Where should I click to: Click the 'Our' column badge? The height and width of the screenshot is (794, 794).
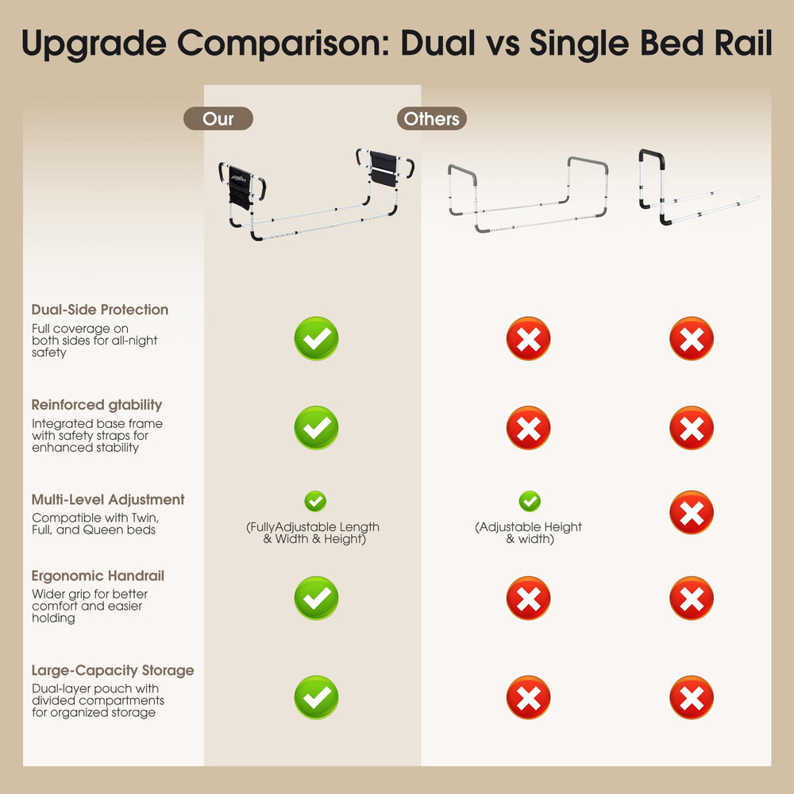pyautogui.click(x=218, y=118)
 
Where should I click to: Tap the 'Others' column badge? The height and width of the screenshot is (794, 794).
pyautogui.click(x=431, y=118)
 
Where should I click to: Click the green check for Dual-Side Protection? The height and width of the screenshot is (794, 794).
pyautogui.click(x=317, y=338)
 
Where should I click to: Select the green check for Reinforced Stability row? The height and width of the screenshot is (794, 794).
pyautogui.click(x=317, y=427)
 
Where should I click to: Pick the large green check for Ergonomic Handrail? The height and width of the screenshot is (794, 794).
pyautogui.click(x=317, y=598)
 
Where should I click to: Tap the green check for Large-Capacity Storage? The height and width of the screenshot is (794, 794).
pyautogui.click(x=317, y=697)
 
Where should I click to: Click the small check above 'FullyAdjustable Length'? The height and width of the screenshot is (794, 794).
pyautogui.click(x=315, y=501)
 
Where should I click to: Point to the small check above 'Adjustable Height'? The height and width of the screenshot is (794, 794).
pyautogui.click(x=530, y=501)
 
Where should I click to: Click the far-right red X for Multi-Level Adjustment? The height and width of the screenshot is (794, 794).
pyautogui.click(x=692, y=512)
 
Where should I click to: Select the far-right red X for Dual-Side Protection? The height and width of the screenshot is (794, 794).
pyautogui.click(x=692, y=338)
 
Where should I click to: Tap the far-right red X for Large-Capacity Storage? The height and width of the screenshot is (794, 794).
pyautogui.click(x=692, y=697)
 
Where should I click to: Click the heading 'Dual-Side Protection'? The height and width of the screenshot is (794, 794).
pyautogui.click(x=100, y=310)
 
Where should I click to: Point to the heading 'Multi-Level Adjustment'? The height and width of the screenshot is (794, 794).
pyautogui.click(x=108, y=499)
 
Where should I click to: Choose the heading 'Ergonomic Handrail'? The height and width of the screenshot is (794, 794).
pyautogui.click(x=98, y=576)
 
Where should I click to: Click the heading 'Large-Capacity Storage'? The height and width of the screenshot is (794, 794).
pyautogui.click(x=113, y=670)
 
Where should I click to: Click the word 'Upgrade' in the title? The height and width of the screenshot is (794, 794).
pyautogui.click(x=94, y=44)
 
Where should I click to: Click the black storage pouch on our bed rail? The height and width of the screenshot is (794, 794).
pyautogui.click(x=239, y=188)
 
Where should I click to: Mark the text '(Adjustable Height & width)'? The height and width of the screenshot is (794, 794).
pyautogui.click(x=529, y=533)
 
